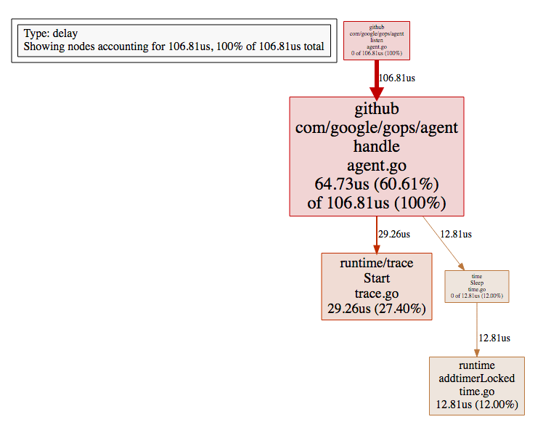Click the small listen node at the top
376,40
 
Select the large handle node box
376,156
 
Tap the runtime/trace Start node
376,286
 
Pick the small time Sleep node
477,286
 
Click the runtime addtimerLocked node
476,385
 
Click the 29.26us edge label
394,234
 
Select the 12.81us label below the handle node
456,234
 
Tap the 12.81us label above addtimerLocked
494,338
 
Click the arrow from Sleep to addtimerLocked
477,327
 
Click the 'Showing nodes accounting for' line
173,46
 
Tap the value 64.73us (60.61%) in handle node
376,183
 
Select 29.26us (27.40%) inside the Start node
376,309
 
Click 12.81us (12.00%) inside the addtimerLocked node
476,405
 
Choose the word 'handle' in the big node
376,147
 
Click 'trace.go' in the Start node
376,293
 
